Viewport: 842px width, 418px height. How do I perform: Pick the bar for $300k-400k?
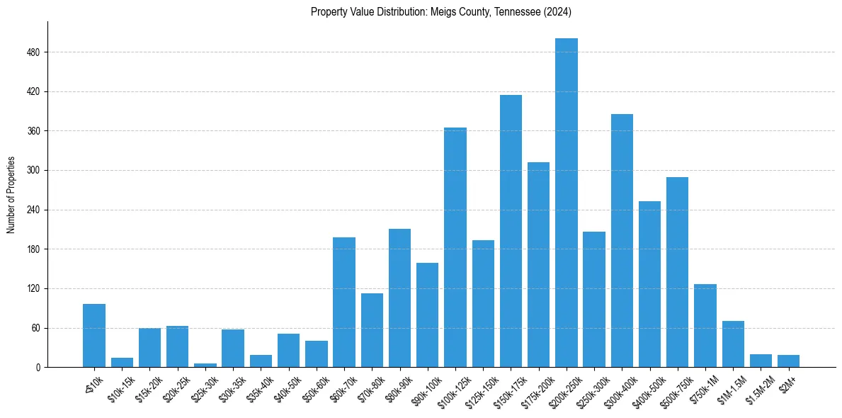tap(622, 241)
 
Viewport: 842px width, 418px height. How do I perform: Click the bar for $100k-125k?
tap(455, 247)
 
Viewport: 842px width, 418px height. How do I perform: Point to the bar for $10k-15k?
tap(122, 363)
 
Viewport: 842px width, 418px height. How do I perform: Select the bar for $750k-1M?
tap(705, 326)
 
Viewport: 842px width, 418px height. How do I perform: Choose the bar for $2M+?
tap(788, 361)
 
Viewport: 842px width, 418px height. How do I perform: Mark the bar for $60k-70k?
tap(344, 303)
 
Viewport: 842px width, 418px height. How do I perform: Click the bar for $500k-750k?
tap(678, 272)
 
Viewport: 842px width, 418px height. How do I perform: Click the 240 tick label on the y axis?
tap(39, 210)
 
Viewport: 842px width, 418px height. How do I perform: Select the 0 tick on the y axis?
tap(42, 368)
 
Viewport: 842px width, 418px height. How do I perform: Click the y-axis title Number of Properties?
tap(11, 195)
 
